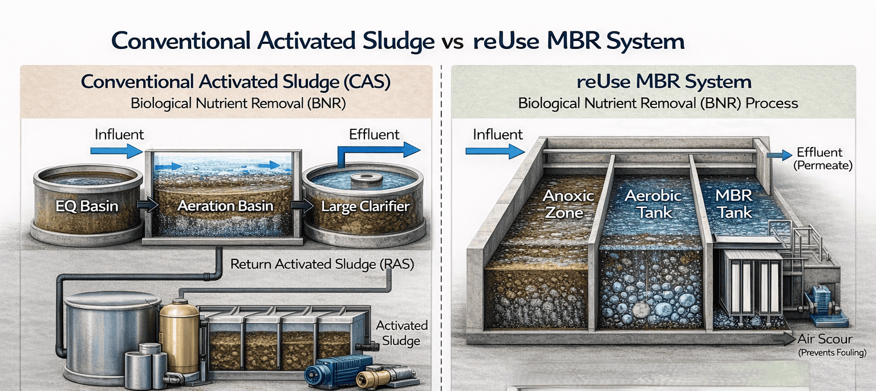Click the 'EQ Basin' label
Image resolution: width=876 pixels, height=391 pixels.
[87, 205]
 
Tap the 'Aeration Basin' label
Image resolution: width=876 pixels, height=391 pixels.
[225, 206]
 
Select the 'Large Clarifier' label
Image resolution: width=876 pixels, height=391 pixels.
[366, 206]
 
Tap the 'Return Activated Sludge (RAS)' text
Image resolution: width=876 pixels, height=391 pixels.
[322, 264]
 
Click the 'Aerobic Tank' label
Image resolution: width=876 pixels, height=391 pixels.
[653, 204]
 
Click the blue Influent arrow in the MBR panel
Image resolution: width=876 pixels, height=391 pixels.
[494, 151]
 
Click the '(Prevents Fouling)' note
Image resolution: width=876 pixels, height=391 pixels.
[833, 353]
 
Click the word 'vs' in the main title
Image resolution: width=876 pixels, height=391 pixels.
[452, 42]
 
